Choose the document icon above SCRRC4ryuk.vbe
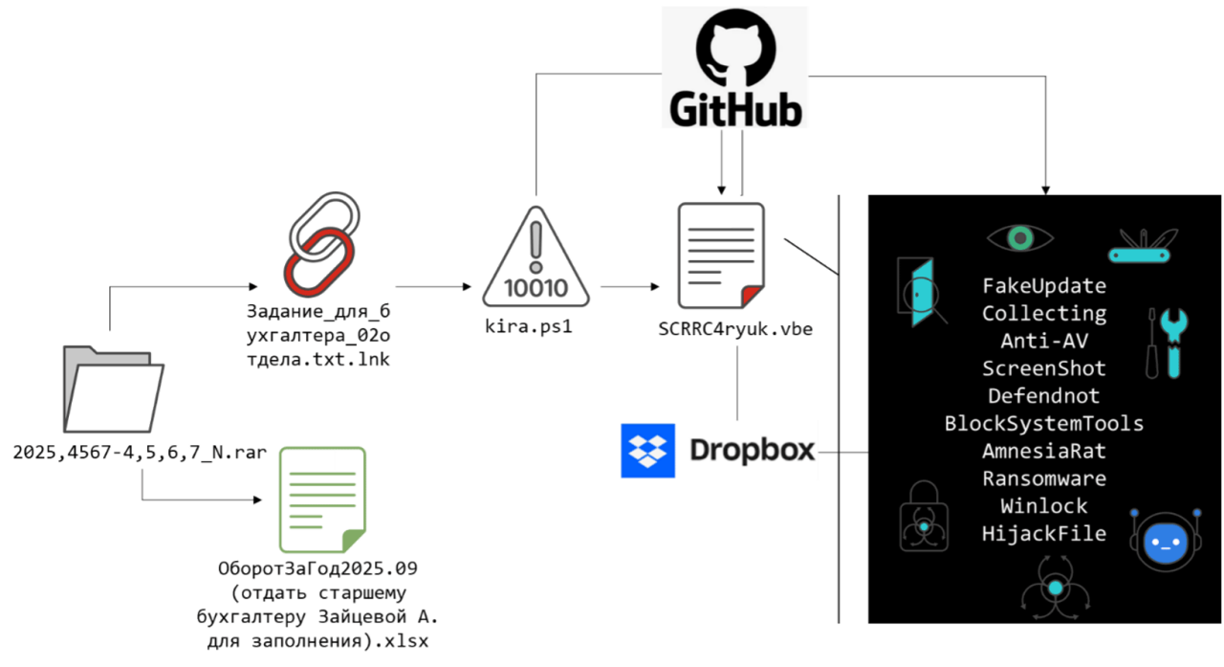[720, 251]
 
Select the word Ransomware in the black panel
[1043, 478]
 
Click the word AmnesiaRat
[1043, 451]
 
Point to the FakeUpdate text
[1043, 286]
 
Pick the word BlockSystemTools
[1043, 423]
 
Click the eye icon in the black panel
[1020, 237]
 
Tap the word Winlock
[1043, 506]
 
